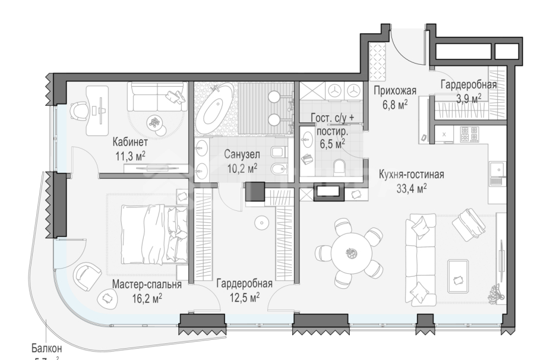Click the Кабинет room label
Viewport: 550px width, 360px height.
tap(129, 143)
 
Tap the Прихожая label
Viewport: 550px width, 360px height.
tap(394, 91)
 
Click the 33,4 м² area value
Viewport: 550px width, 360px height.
tap(412, 188)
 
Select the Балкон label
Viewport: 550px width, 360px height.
tap(47, 348)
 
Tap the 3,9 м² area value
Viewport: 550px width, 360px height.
tap(468, 97)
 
